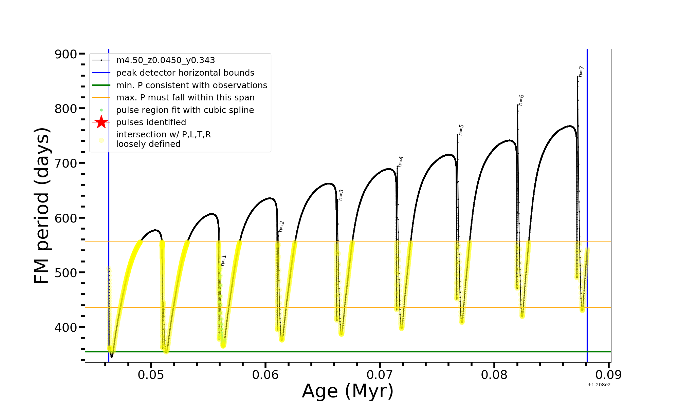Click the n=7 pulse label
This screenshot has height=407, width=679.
[x=581, y=72]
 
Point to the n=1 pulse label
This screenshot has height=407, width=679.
[x=223, y=260]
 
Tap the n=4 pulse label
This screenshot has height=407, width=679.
[x=401, y=162]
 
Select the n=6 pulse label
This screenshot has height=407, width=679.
[x=521, y=100]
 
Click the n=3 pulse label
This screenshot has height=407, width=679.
[x=341, y=195]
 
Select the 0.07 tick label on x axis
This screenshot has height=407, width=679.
[x=380, y=375]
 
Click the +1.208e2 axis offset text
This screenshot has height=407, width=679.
[x=599, y=385]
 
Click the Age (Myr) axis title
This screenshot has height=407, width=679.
[x=348, y=391]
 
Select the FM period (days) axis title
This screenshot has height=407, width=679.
[x=42, y=206]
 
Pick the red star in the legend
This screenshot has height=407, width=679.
[x=101, y=122]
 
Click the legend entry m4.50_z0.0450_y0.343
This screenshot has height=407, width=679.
[x=165, y=60]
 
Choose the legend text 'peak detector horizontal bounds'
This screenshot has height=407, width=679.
[x=185, y=73]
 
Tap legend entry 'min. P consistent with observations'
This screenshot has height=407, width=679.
[x=191, y=85]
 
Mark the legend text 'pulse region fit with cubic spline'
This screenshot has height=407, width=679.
[x=185, y=110]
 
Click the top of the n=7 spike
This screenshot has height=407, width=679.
[x=577, y=77]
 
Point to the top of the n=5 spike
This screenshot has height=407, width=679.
[x=457, y=135]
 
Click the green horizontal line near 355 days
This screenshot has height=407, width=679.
[x=339, y=352]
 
